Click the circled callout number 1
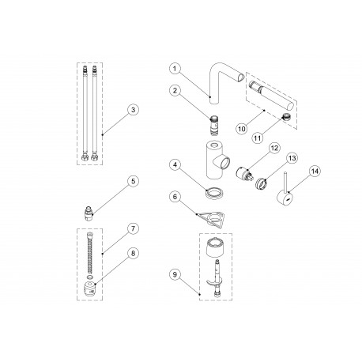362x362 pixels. pos(175,69)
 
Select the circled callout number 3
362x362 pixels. pos(133,110)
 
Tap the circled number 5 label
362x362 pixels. pos(133,181)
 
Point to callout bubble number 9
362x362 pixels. pos(175,275)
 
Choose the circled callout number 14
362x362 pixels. pos(315,172)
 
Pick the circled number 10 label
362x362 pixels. pos(242,129)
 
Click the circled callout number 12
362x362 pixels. pos(274,148)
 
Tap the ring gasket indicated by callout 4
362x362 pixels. pos(216,191)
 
